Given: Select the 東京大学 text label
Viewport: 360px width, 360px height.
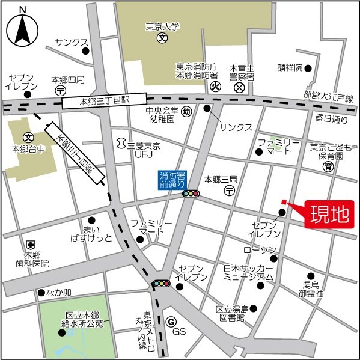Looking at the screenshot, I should point(162,27).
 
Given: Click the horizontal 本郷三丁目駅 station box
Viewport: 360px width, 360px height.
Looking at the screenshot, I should point(105,101).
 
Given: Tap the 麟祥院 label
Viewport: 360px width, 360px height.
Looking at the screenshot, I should point(289,67).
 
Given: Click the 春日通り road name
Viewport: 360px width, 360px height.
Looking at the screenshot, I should point(332,119).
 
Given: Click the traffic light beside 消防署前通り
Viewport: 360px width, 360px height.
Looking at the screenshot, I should point(192,194).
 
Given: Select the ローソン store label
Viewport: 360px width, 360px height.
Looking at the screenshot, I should point(260,249).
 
